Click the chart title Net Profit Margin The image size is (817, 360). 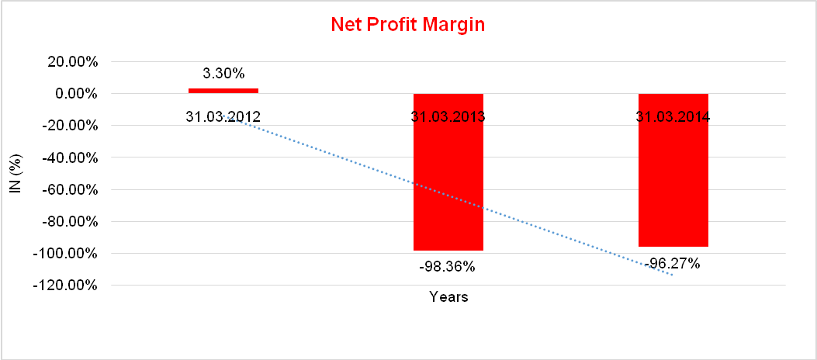[x=407, y=24]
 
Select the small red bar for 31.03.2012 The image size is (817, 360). [x=223, y=91]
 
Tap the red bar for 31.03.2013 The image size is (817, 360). [x=448, y=186]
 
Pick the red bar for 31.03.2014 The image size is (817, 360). [x=673, y=186]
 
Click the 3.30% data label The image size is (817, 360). [x=223, y=74]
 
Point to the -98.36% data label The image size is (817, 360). [x=448, y=266]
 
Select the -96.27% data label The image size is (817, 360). [x=673, y=264]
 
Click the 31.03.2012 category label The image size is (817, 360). [x=223, y=117]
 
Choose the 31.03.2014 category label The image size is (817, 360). [x=673, y=117]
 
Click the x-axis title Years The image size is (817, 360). [x=448, y=297]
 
